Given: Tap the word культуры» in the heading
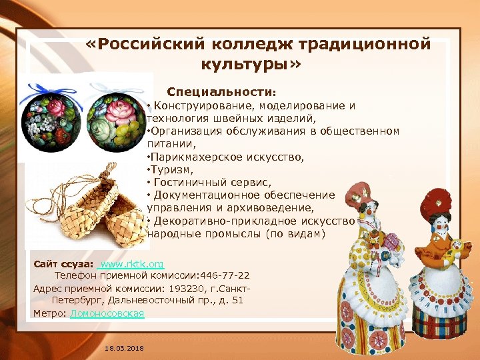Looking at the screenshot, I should pyautogui.click(x=250, y=65).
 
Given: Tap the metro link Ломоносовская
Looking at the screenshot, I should pyautogui.click(x=107, y=313).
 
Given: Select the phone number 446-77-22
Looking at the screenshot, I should pyautogui.click(x=227, y=275).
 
